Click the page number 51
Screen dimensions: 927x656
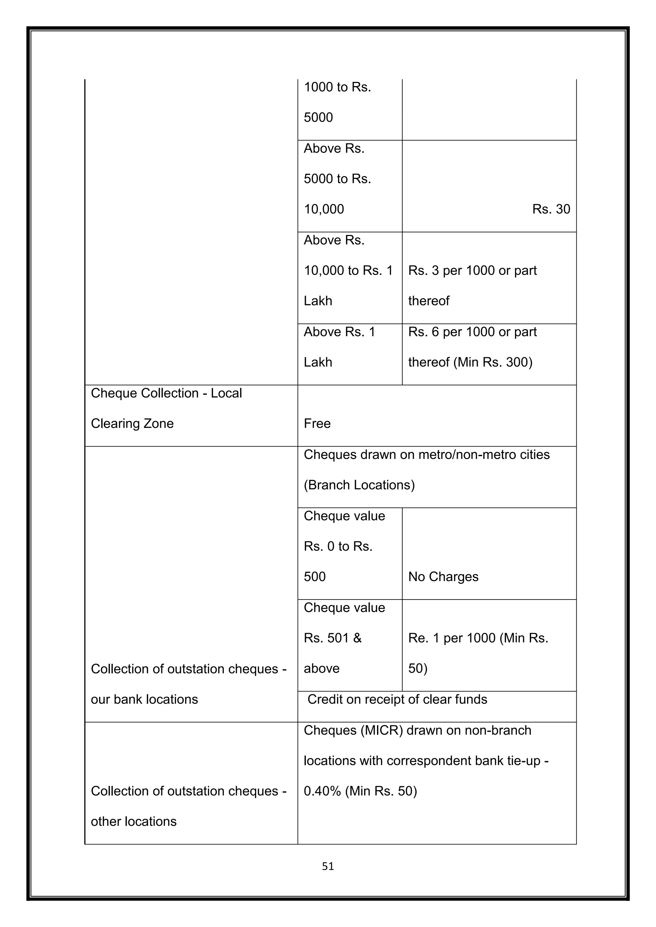click(328, 866)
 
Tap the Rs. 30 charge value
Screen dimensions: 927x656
click(551, 209)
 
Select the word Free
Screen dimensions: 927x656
click(317, 423)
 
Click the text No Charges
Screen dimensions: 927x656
click(443, 576)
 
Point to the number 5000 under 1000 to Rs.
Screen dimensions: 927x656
click(318, 117)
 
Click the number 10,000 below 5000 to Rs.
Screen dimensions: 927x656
click(324, 209)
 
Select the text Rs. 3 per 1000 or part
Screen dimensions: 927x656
click(472, 270)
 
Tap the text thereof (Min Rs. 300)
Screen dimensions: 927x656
click(470, 362)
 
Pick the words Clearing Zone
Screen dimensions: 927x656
click(132, 423)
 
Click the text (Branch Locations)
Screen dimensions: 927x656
click(359, 485)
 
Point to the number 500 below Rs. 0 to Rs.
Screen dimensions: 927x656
click(315, 576)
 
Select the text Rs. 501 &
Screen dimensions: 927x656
click(332, 638)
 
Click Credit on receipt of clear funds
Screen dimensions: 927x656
click(397, 699)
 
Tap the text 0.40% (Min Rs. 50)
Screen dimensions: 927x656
click(360, 791)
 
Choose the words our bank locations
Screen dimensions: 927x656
click(144, 699)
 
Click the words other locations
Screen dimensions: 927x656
click(134, 822)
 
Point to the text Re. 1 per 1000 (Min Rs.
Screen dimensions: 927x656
click(478, 638)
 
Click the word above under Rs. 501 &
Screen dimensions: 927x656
click(322, 669)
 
